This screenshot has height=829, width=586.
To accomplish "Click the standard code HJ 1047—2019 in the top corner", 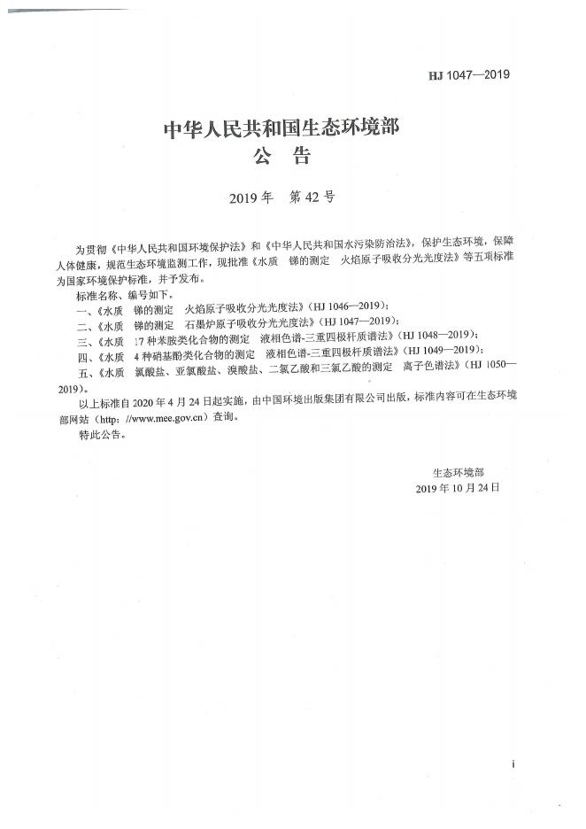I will [x=469, y=75].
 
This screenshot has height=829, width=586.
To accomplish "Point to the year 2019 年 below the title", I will [x=251, y=198].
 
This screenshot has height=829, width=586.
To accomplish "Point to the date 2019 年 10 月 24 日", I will [x=457, y=488].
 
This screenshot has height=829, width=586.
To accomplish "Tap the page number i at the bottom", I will [x=513, y=764].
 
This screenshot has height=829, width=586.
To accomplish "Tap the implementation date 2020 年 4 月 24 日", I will [x=173, y=406].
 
